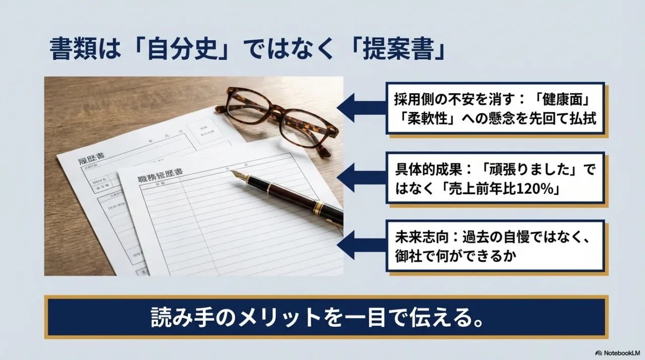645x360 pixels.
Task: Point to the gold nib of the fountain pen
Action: pyautogui.click(x=241, y=176)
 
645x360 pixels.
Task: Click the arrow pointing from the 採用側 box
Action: pyautogui.click(x=360, y=108)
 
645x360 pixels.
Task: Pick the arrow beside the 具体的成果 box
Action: pyautogui.click(x=360, y=177)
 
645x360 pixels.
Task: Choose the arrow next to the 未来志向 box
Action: pyautogui.click(x=360, y=246)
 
